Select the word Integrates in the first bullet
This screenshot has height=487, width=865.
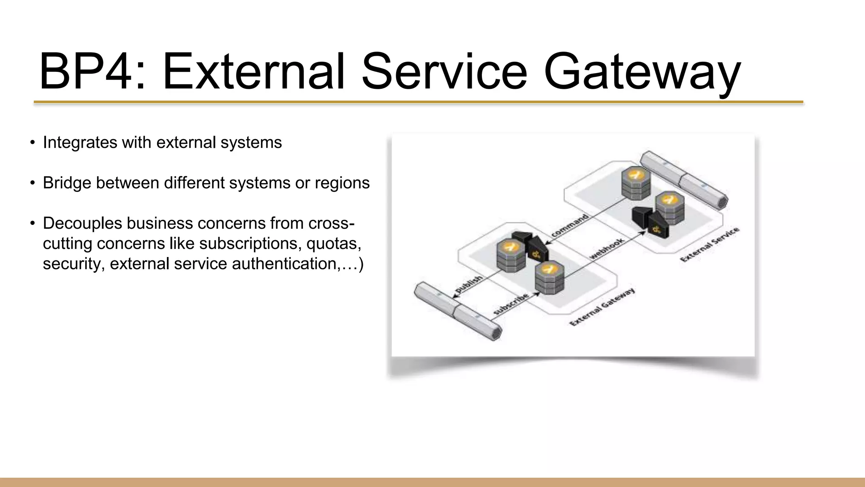coord(80,143)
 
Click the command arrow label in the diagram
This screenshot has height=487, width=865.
coord(570,226)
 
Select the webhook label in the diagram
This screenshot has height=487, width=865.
coord(607,248)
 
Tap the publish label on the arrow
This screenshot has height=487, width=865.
coord(468,285)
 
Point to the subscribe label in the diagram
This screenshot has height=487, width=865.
coord(511,304)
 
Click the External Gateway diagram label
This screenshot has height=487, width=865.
coord(602,307)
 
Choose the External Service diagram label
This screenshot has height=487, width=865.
coord(710,244)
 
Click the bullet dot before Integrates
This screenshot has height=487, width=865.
coord(32,143)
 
